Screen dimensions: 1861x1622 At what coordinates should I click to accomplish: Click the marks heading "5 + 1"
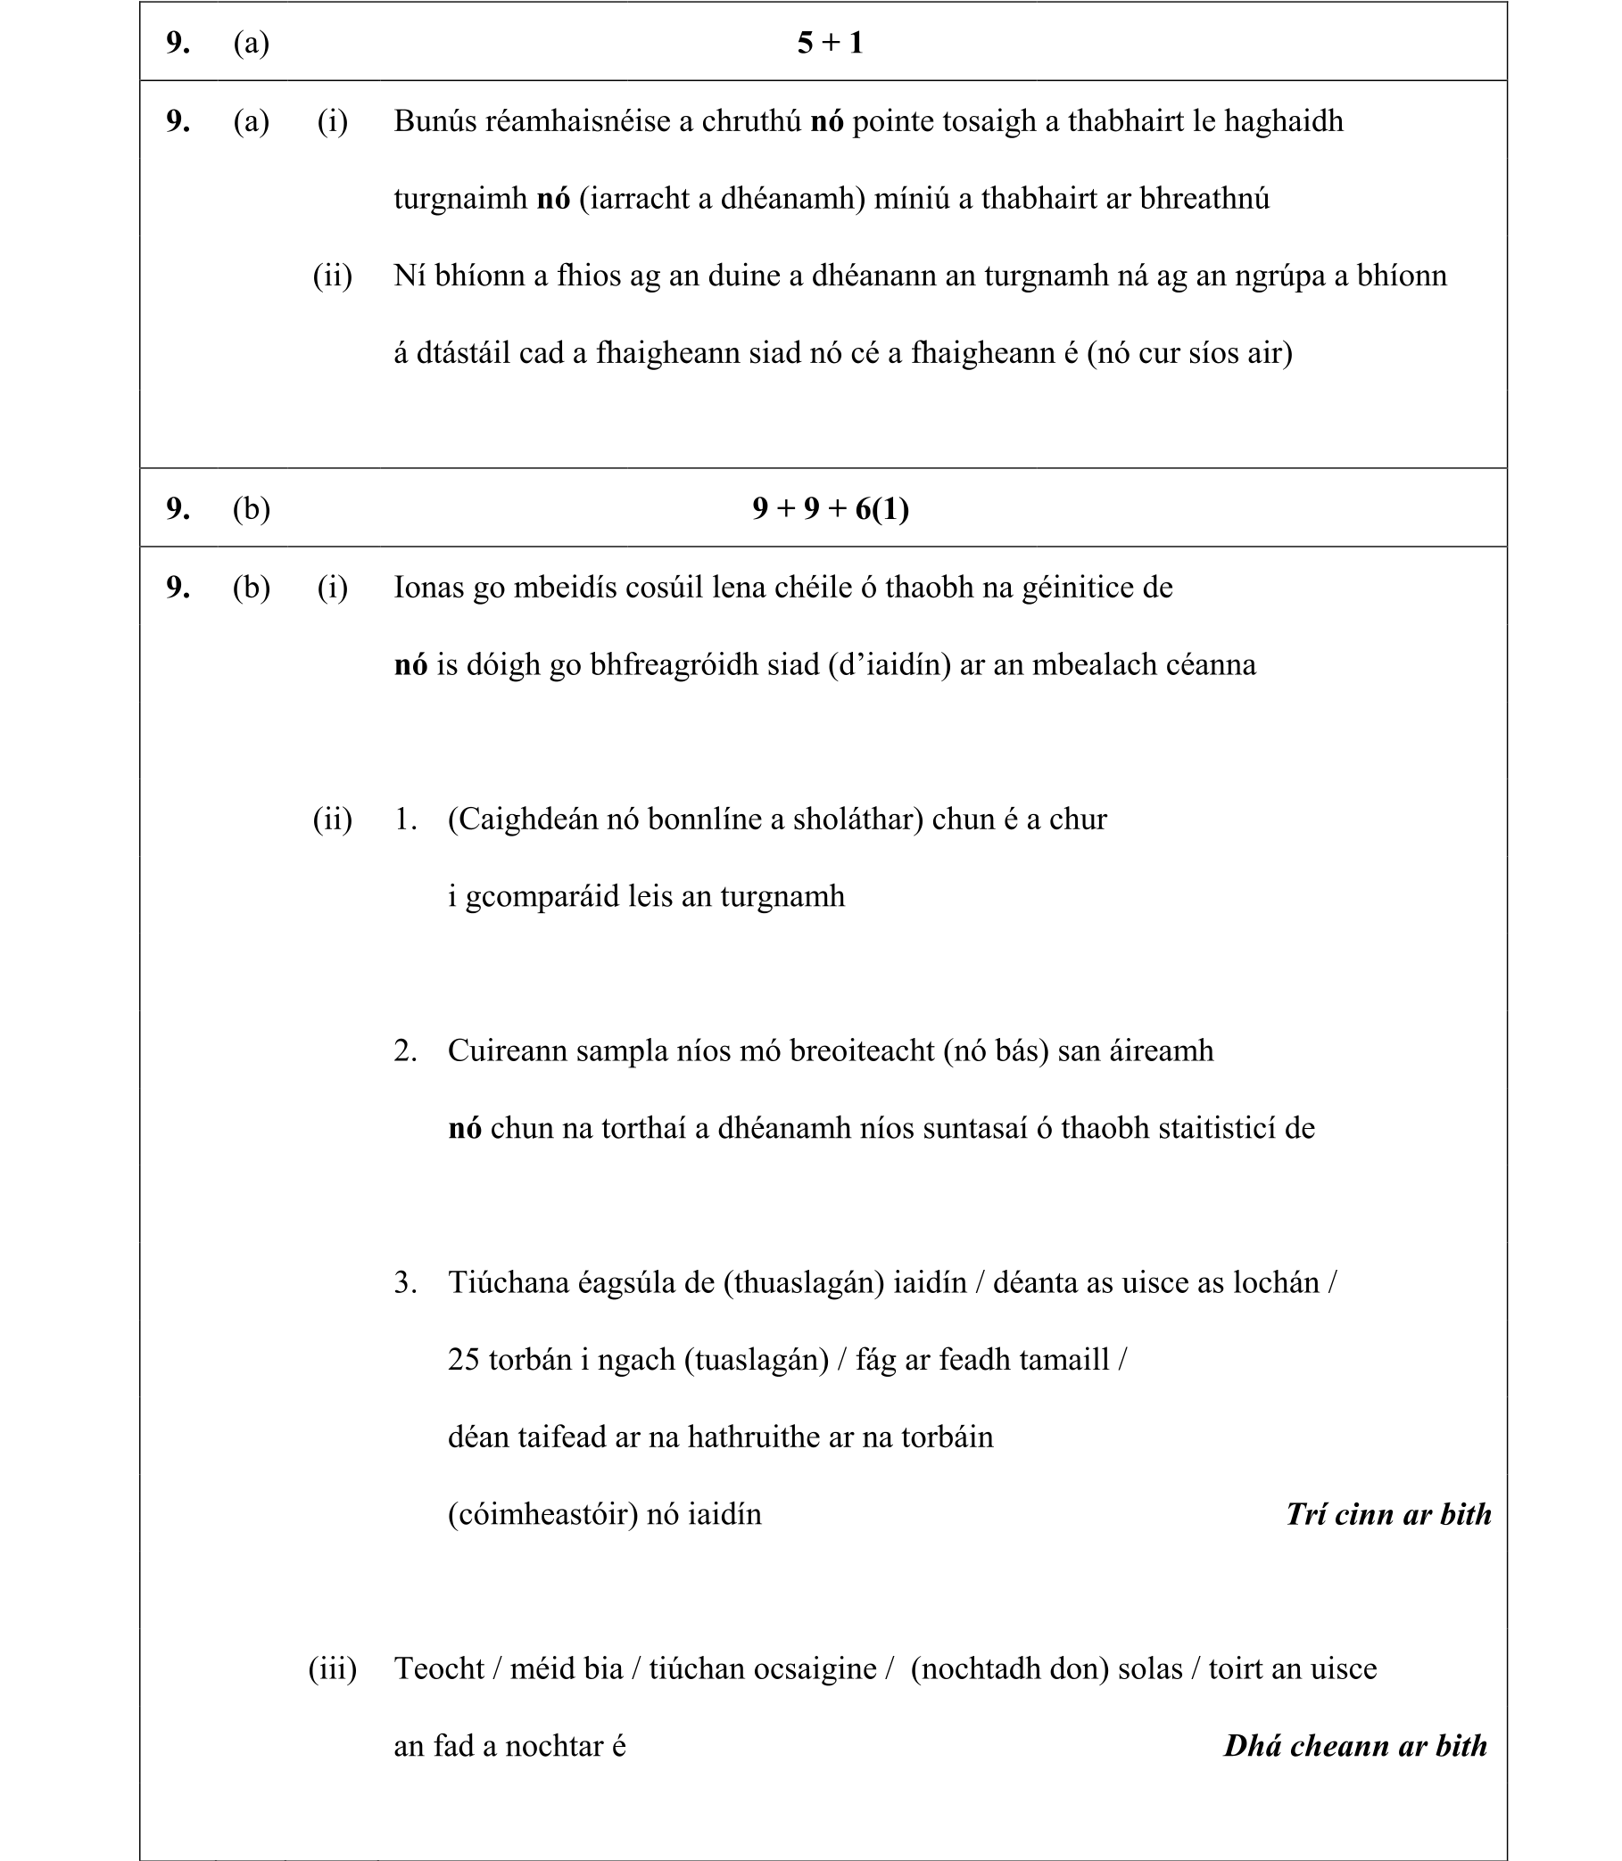click(829, 43)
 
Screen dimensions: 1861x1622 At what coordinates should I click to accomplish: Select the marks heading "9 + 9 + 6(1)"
click(830, 508)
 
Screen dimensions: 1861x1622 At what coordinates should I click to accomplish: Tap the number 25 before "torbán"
click(463, 1360)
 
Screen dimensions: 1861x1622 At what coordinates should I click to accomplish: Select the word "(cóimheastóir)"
click(543, 1514)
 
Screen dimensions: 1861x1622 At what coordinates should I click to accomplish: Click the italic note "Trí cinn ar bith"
click(1388, 1515)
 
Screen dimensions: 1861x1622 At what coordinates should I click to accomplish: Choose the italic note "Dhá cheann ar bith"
click(1355, 1746)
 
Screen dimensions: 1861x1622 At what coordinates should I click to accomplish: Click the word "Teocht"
click(439, 1669)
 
